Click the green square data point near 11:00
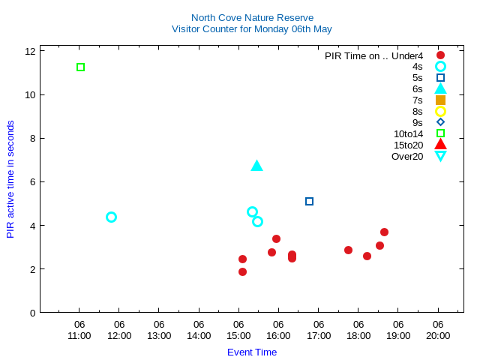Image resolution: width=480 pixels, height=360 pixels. (x=80, y=67)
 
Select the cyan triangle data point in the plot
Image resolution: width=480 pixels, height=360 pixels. (x=256, y=166)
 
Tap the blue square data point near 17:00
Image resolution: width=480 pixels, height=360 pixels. (x=309, y=201)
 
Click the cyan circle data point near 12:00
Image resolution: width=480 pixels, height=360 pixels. (x=111, y=217)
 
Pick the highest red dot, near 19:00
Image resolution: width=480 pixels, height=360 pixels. (x=384, y=232)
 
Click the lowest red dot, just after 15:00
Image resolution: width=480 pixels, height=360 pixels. (x=242, y=271)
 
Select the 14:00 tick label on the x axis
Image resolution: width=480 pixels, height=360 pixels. (x=199, y=335)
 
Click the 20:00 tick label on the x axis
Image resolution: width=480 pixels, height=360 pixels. (x=438, y=335)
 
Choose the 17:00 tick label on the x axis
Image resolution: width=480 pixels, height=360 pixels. (x=319, y=335)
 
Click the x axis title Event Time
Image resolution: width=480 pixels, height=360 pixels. (x=252, y=352)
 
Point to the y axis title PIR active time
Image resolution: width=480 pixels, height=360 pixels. (x=10, y=179)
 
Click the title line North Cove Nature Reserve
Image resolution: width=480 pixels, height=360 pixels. (x=252, y=17)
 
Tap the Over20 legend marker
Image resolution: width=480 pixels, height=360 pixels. (x=440, y=156)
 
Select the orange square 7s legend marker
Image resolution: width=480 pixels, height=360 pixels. (x=440, y=100)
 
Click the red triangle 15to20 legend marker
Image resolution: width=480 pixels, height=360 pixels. (x=440, y=145)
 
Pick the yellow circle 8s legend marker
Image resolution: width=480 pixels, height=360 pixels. (x=440, y=111)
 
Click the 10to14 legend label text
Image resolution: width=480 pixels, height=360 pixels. (x=408, y=133)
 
